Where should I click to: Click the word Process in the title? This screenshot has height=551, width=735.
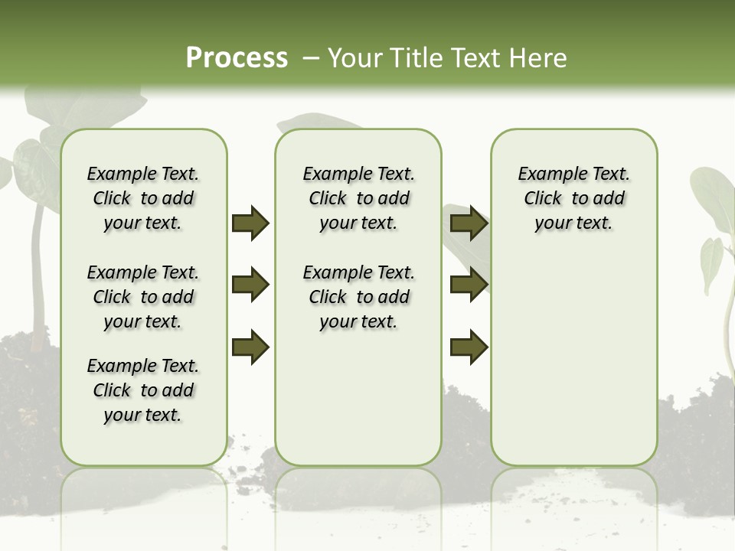pos(237,58)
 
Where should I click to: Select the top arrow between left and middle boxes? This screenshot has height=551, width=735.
pos(250,223)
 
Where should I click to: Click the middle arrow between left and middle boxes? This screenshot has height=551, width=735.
pos(250,285)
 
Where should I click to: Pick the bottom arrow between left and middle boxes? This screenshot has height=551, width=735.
pos(250,347)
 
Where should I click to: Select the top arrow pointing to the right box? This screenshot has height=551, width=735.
pos(469,223)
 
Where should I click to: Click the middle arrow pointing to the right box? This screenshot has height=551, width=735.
pos(469,285)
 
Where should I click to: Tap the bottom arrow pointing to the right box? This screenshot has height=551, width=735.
pos(469,347)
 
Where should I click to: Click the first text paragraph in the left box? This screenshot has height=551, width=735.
pos(143,198)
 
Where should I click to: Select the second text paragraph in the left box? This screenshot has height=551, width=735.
pos(143,297)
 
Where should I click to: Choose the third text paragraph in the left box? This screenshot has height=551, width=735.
pos(143,390)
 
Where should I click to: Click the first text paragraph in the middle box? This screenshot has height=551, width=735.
pos(358,198)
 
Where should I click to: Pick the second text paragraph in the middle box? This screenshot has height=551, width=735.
pos(358,297)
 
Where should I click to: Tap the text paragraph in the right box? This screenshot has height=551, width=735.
pos(574,198)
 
